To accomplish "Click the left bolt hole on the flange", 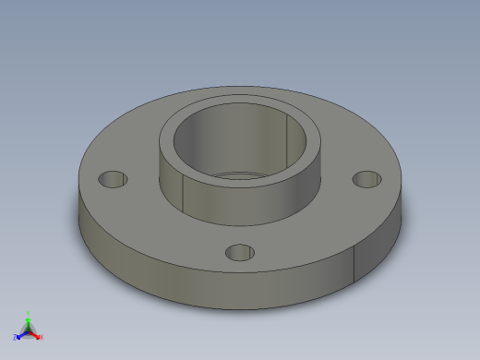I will [x=113, y=178].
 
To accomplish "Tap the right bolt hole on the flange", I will [x=367, y=179].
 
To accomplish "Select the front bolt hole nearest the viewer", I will [x=240, y=251].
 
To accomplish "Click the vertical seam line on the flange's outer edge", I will [x=356, y=264].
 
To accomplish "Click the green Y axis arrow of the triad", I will [x=29, y=322].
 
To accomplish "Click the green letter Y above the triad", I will [x=29, y=314].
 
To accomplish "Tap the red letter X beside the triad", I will [x=42, y=337].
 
